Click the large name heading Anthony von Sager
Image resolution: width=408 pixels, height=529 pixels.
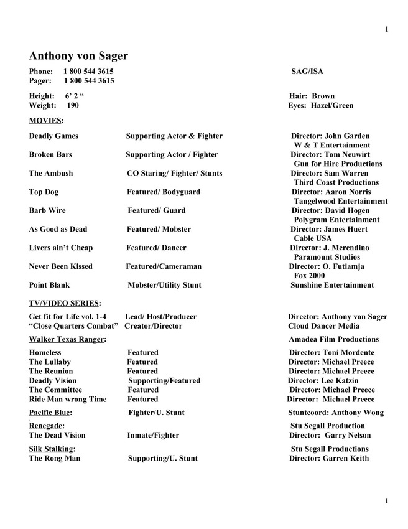tap(78, 56)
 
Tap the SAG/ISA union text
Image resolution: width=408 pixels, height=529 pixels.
tap(307, 72)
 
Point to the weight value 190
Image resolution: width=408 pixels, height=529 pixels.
tap(73, 106)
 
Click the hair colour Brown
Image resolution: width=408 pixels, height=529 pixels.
tap(323, 96)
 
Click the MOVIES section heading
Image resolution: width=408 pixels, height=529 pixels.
tap(45, 120)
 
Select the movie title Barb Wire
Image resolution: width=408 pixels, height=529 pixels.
tap(47, 210)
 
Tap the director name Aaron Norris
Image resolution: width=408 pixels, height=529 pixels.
tap(348, 192)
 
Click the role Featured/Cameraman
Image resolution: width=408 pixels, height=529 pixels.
tap(164, 266)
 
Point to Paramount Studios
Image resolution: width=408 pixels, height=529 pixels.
tap(327, 257)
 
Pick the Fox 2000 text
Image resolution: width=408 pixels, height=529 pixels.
tap(309, 276)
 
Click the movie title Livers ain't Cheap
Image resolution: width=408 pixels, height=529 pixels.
tap(61, 248)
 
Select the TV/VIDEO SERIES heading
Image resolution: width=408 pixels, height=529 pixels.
tap(63, 303)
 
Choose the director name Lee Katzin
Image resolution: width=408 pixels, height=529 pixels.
tap(341, 381)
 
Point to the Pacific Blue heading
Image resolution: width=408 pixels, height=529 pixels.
tap(49, 413)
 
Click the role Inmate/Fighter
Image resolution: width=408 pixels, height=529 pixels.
tap(153, 436)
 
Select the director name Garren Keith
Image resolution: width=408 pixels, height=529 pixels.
tap(346, 459)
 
